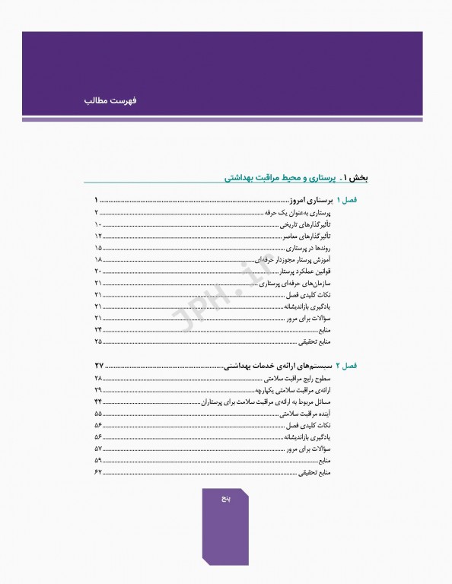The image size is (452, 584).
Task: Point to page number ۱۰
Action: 97,227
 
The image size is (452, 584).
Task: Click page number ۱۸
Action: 97,259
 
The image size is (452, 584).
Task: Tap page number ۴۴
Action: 97,401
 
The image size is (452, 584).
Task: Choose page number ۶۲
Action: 97,472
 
